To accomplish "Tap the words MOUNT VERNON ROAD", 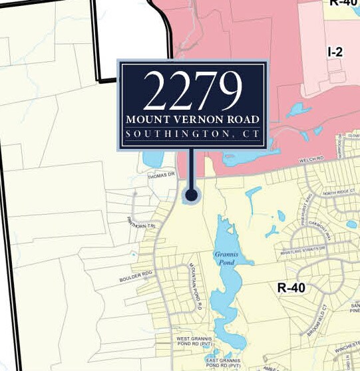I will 192,120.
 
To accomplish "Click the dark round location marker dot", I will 192,195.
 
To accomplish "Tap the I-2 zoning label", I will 334,51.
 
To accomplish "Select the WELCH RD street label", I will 312,159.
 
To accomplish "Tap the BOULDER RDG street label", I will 137,273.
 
